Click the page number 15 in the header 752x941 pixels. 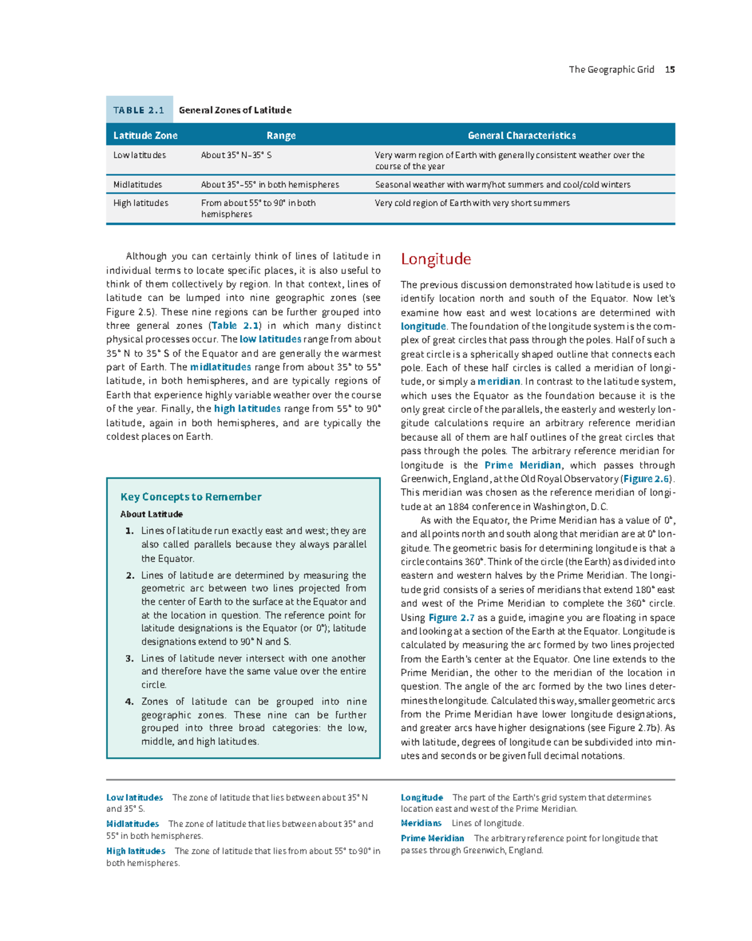click(x=670, y=70)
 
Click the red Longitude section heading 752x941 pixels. click(x=436, y=259)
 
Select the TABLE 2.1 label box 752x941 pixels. click(x=138, y=110)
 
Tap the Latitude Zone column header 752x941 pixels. click(x=145, y=135)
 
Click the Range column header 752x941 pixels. click(x=281, y=135)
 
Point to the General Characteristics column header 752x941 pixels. click(x=521, y=135)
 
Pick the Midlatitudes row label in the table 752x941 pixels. click(x=137, y=185)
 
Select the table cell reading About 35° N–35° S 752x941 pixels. click(x=236, y=155)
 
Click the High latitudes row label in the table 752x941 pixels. click(x=140, y=203)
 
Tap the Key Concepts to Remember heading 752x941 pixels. click(x=191, y=497)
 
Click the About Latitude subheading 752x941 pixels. click(x=152, y=514)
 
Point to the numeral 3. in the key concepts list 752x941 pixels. click(x=130, y=658)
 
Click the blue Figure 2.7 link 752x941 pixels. click(x=451, y=618)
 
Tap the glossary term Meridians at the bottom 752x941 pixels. click(x=421, y=823)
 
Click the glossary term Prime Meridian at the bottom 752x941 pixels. click(x=432, y=838)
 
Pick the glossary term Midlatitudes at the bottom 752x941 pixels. click(x=132, y=824)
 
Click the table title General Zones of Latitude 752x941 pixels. click(x=235, y=110)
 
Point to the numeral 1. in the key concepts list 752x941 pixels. click(x=130, y=531)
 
